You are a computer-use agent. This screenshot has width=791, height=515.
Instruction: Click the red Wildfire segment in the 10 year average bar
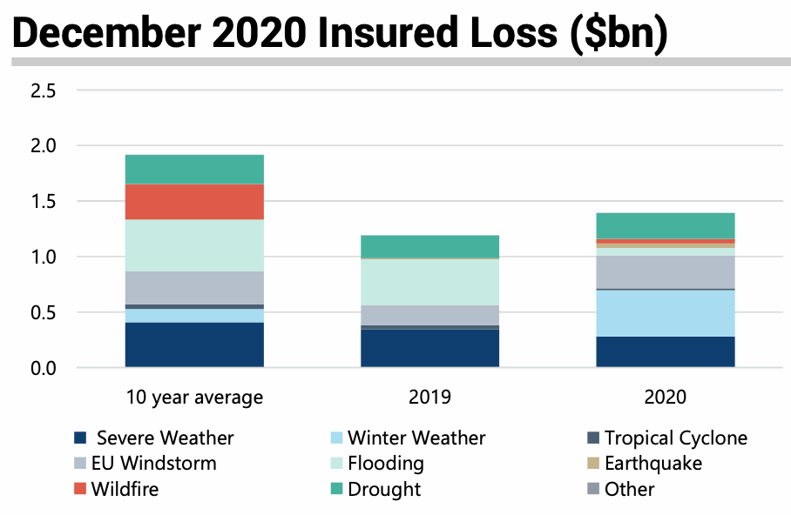tap(194, 202)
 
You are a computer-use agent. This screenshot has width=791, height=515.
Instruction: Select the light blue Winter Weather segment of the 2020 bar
tap(666, 313)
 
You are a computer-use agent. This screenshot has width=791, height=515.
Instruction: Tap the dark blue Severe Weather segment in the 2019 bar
tap(429, 348)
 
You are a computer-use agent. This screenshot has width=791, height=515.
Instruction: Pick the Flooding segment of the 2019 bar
tap(429, 282)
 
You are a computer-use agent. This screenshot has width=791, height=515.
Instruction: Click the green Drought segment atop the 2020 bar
tap(666, 225)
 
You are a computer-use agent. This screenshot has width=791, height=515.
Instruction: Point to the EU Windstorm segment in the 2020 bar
tap(666, 272)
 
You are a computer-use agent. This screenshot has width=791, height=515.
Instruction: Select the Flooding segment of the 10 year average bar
tap(194, 245)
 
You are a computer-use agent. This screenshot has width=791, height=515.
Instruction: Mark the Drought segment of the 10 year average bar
tap(194, 169)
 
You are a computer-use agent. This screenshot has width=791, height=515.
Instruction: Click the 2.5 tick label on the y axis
tap(43, 90)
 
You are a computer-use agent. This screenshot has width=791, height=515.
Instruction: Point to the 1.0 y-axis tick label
tap(43, 257)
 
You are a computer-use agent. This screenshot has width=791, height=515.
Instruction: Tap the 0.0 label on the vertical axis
tap(43, 369)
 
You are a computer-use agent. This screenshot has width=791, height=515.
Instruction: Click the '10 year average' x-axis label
tap(194, 398)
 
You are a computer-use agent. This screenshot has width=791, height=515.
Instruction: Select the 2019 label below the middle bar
tap(429, 398)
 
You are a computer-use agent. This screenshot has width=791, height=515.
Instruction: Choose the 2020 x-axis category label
tap(666, 398)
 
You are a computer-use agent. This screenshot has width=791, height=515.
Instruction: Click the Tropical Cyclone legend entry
tap(675, 438)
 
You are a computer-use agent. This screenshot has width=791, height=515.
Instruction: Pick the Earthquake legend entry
tap(652, 464)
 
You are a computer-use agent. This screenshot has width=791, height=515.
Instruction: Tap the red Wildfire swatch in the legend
tap(80, 490)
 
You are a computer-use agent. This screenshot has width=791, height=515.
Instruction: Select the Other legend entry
tap(629, 490)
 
